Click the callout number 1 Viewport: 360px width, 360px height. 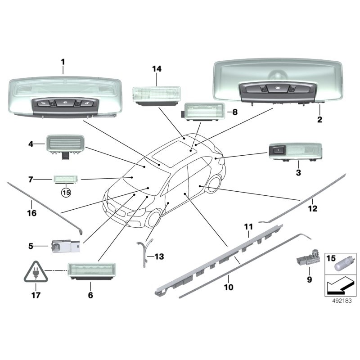click(x=63, y=62)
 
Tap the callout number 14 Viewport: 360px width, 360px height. click(x=157, y=69)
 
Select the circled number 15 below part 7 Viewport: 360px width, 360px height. click(x=66, y=192)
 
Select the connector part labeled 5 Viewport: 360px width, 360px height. click(x=65, y=246)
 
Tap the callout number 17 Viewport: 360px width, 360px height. click(x=35, y=296)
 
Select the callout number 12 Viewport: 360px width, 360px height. click(x=312, y=208)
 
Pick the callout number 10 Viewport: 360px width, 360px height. click(x=229, y=287)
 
